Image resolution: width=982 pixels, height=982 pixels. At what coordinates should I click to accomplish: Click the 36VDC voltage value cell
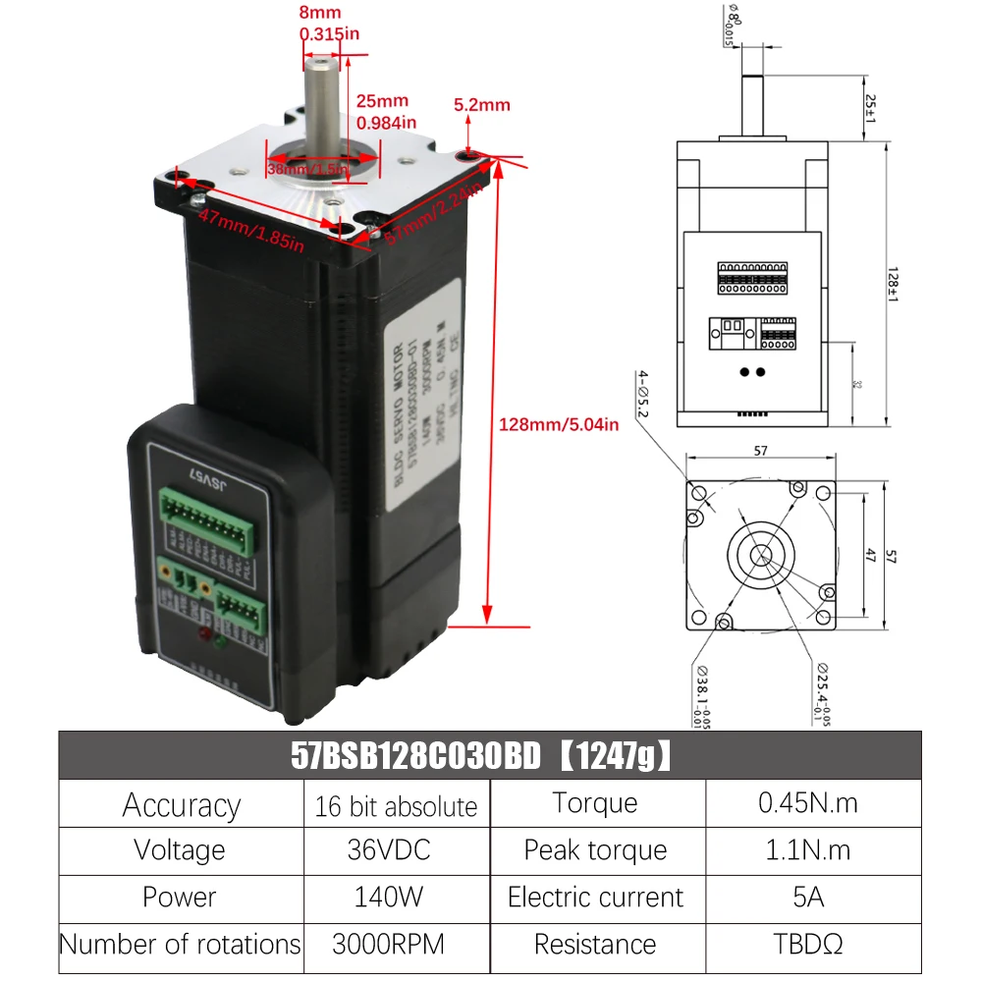click(396, 850)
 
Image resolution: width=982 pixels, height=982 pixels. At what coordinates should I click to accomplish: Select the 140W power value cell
click(396, 898)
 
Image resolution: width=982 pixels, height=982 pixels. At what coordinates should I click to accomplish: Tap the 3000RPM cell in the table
click(396, 945)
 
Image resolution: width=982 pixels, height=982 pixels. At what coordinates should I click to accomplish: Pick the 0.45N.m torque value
click(807, 803)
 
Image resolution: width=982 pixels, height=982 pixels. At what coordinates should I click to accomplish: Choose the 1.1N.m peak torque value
click(807, 850)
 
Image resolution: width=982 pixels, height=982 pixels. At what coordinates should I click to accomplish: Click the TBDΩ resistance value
click(807, 945)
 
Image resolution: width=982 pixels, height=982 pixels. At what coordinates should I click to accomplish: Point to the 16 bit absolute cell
click(396, 806)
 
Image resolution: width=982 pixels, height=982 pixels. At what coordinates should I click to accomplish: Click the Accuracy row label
click(181, 805)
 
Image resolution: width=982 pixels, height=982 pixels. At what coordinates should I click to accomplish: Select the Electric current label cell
click(595, 898)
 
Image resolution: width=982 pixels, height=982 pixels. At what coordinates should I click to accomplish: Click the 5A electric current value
click(807, 898)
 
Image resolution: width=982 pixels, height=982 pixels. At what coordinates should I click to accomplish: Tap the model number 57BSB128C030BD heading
click(416, 756)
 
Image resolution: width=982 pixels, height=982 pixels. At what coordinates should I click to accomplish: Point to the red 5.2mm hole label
click(481, 105)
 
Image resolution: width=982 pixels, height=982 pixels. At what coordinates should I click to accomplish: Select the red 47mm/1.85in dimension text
click(251, 229)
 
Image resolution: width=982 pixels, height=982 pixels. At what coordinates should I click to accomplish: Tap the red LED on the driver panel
click(205, 635)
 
